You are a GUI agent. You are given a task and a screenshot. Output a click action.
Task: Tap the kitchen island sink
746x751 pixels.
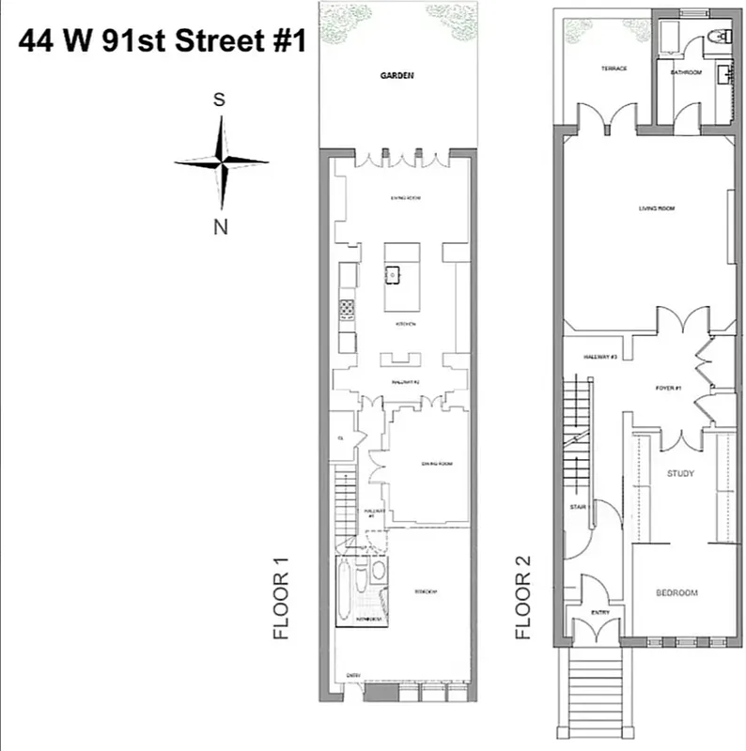tap(393, 275)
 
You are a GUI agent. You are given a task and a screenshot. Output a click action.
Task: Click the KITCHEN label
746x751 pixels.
tap(406, 324)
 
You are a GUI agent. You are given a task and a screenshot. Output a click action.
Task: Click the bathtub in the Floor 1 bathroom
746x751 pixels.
tap(346, 590)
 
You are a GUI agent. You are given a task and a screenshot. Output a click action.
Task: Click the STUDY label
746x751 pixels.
tap(680, 473)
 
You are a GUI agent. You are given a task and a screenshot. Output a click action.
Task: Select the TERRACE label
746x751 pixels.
tap(614, 69)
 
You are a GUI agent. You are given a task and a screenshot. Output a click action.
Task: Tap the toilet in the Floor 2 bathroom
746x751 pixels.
tap(719, 38)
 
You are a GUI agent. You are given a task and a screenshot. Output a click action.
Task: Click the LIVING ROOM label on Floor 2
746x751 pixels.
tap(657, 208)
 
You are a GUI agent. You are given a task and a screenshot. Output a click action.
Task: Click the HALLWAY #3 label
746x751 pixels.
tap(599, 358)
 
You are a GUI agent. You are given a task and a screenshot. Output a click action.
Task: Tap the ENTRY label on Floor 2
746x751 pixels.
tap(600, 613)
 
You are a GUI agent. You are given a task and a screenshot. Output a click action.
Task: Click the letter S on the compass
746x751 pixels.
tap(219, 100)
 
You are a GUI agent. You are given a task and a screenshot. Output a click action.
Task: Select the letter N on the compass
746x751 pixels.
tap(221, 224)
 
